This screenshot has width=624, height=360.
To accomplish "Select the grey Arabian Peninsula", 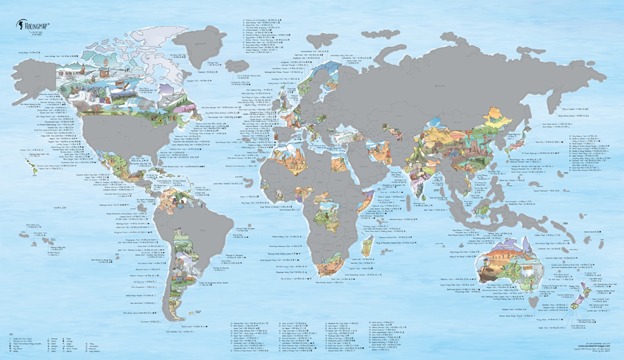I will click(374, 166).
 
